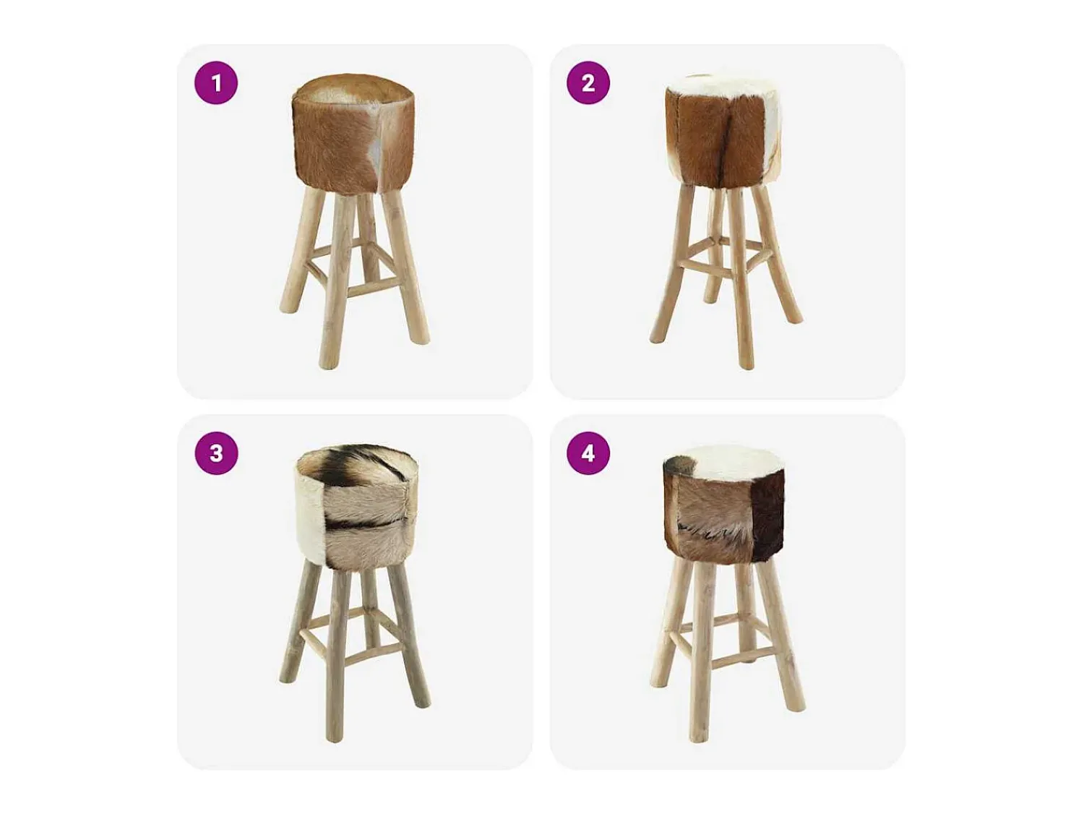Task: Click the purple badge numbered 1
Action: pos(216,83)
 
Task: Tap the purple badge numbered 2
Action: pos(588,83)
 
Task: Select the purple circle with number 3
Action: pos(216,453)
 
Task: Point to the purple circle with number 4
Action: pos(588,453)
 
